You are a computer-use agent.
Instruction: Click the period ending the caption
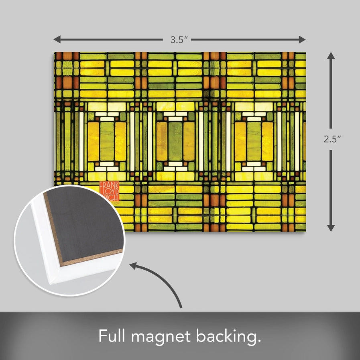259,341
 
